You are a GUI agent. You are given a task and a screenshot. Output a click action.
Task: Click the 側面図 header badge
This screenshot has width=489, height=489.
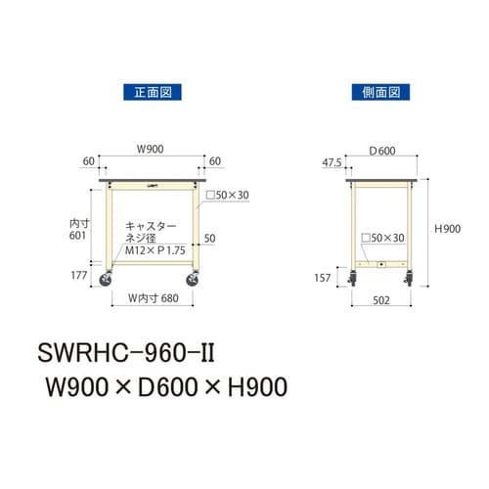(x=375, y=94)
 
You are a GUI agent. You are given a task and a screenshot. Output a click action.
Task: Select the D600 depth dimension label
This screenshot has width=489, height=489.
(x=381, y=150)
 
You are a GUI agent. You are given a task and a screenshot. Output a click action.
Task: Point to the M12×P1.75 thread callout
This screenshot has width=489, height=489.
(x=147, y=252)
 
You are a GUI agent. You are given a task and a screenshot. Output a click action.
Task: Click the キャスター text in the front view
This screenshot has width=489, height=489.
(x=147, y=224)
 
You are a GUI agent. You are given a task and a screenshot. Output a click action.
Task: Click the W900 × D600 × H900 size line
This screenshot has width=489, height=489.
(x=161, y=389)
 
